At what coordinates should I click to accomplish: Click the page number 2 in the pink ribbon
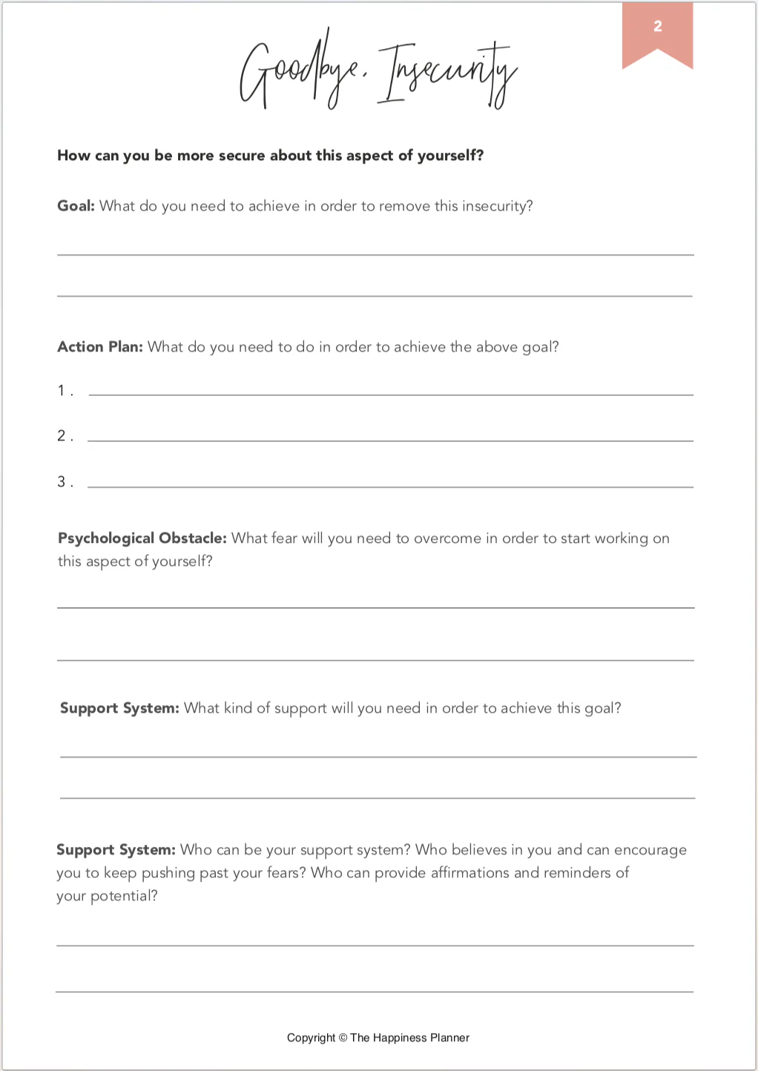pyautogui.click(x=657, y=27)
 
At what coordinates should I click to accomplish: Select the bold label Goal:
pyautogui.click(x=76, y=206)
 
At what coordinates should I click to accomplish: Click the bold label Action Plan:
pyautogui.click(x=99, y=347)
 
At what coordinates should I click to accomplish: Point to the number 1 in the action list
pyautogui.click(x=62, y=390)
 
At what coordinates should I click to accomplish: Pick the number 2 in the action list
pyautogui.click(x=62, y=435)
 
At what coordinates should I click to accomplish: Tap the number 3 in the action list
pyautogui.click(x=62, y=481)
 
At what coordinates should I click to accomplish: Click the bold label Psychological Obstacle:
pyautogui.click(x=142, y=538)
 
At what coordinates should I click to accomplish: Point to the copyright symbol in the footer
pyautogui.click(x=343, y=1038)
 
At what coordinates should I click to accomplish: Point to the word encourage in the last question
pyautogui.click(x=650, y=850)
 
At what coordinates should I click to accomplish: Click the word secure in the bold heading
pyautogui.click(x=242, y=156)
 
